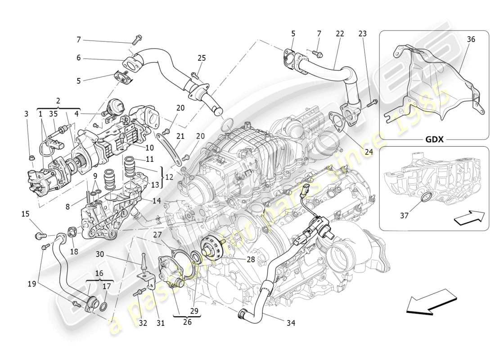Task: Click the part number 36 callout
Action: pos(471,40)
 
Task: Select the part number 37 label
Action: pos(404,216)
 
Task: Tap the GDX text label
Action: pos(434,139)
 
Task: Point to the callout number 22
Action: pos(340,34)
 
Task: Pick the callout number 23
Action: pos(362,34)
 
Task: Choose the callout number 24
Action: pos(369,152)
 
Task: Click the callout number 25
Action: pos(202,58)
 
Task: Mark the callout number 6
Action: pos(78,58)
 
